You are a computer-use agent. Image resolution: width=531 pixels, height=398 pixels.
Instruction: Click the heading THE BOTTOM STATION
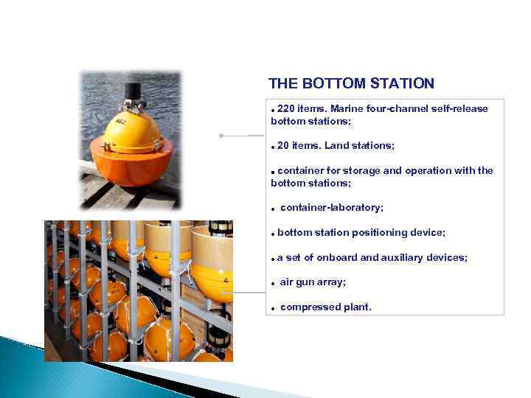click(x=351, y=84)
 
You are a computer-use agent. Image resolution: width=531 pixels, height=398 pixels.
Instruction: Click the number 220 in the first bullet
click(x=286, y=109)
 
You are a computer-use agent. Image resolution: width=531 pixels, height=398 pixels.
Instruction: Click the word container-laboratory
click(x=331, y=208)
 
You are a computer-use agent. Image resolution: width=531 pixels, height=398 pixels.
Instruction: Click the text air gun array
click(x=313, y=282)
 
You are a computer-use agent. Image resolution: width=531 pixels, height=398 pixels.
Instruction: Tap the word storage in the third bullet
click(x=363, y=171)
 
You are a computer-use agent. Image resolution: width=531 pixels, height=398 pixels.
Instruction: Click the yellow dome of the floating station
click(x=133, y=129)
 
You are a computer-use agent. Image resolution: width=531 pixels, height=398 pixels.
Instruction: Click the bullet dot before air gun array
click(x=273, y=284)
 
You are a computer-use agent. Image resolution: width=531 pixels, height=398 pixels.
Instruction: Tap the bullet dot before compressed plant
click(x=273, y=309)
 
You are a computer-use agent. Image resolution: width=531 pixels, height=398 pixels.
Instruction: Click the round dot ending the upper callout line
click(x=221, y=136)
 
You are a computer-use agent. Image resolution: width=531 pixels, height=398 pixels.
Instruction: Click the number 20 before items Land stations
click(x=283, y=146)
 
